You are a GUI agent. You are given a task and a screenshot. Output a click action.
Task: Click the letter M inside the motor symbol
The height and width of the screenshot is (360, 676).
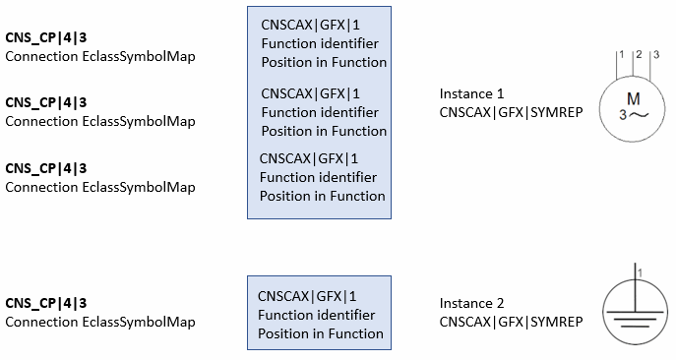pos(634,98)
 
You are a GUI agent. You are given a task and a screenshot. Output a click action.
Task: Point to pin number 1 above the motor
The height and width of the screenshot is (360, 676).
pos(621,53)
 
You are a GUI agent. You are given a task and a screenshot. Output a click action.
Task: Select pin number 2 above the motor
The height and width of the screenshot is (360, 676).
pos(638,53)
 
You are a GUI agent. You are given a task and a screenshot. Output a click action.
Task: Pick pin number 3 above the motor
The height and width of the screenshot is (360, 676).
pos(654,53)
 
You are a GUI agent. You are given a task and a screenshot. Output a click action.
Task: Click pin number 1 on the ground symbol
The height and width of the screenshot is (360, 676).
pos(640,270)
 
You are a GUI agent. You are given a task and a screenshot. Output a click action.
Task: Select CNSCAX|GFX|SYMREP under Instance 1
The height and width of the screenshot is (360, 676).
pos(511,112)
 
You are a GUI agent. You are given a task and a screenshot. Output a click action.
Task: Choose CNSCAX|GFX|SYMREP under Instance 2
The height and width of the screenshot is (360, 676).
pos(511,322)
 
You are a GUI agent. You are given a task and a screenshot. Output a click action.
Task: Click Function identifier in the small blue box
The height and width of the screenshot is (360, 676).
pos(316,315)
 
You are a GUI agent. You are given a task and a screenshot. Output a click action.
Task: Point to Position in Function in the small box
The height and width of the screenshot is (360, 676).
pos(320,333)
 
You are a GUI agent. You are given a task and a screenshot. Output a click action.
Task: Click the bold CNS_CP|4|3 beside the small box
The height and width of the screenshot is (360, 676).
pos(46,303)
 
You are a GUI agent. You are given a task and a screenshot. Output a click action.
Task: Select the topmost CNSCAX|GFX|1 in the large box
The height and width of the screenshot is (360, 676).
pos(311,25)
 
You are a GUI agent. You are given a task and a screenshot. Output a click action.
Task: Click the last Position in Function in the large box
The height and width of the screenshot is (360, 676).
pos(322,196)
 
